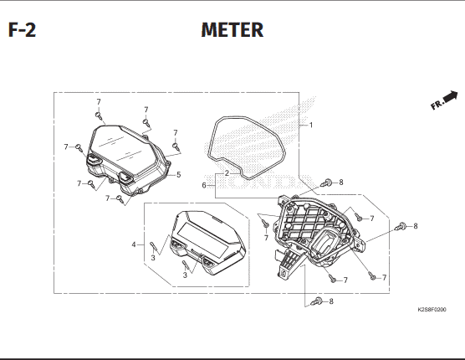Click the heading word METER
click(232, 30)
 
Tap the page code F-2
click(22, 30)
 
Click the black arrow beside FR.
click(451, 96)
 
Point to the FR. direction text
click(437, 104)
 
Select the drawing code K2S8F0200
click(432, 310)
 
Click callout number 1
click(311, 126)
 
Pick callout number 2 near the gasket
click(227, 173)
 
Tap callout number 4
click(134, 244)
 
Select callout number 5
click(178, 175)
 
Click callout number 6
click(204, 186)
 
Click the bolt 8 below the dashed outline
click(316, 302)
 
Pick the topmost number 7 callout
click(99, 102)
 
